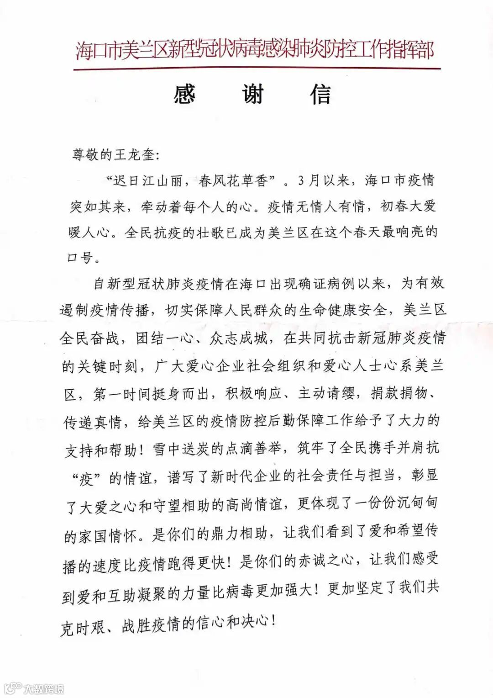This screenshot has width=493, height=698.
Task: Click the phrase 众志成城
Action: pyautogui.click(x=239, y=338)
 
